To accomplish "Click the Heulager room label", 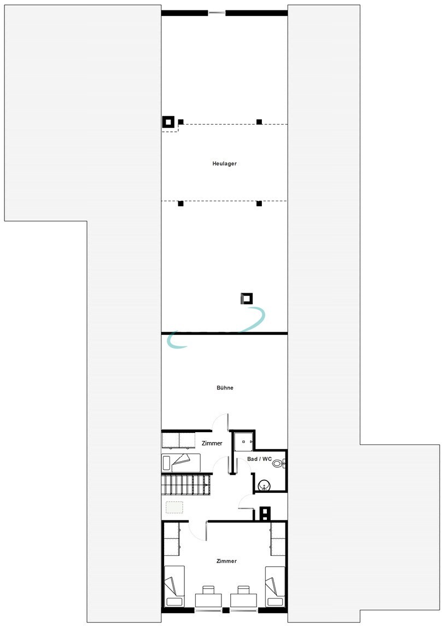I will (x=224, y=164).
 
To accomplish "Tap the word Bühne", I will (x=225, y=388).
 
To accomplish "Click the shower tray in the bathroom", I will (x=243, y=442).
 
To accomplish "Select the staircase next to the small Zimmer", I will (x=185, y=484).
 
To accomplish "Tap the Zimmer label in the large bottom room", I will (x=226, y=561).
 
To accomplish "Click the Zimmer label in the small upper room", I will (x=212, y=443).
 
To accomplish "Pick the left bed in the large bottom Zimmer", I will (x=174, y=586).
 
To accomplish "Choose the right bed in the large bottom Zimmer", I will (x=274, y=586).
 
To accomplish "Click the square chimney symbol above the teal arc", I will (x=247, y=298).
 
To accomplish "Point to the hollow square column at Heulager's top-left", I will (x=168, y=122).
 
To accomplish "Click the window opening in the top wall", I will (x=217, y=13).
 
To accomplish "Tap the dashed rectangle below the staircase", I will (x=175, y=507).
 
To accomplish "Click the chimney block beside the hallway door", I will (x=265, y=513).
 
